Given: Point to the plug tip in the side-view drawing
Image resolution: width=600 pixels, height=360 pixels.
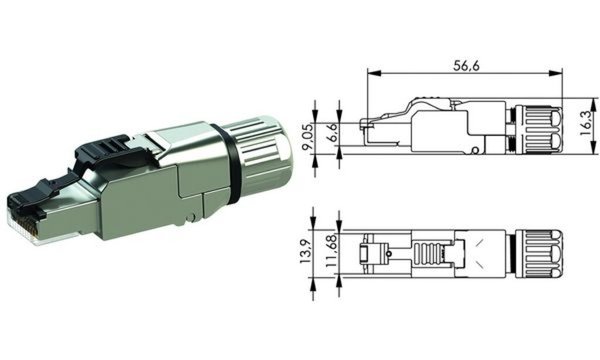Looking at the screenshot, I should click(x=377, y=132).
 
